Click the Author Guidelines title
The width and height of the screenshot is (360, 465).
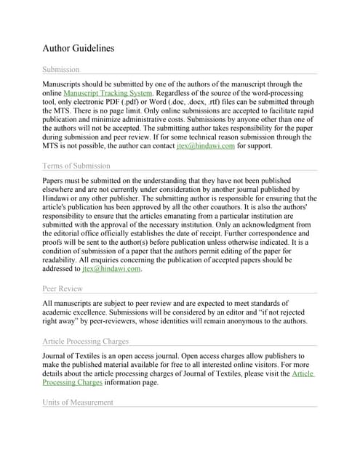pos(79,48)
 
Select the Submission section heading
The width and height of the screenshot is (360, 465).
pos(61,69)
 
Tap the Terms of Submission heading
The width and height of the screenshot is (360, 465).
pos(76,166)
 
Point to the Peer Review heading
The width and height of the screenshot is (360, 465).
pos(63,288)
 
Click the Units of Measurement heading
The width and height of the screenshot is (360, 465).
pos(79,402)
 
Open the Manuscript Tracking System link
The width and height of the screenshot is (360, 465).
pos(108,94)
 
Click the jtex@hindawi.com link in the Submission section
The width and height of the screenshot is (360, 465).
pos(205,145)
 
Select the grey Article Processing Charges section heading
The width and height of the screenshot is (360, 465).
pos(86,341)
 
